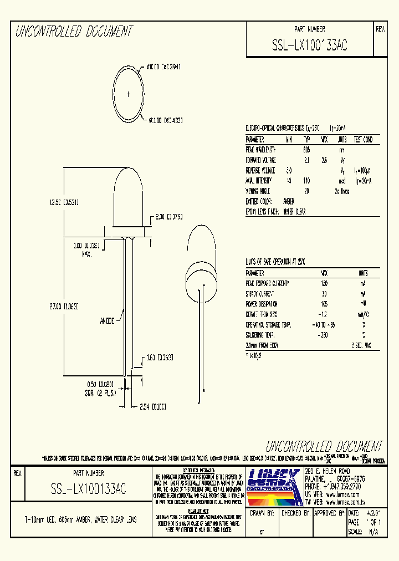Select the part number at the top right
[310, 46]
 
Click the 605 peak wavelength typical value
[306, 150]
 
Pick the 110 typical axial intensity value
[306, 181]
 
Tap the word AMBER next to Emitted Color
[289, 201]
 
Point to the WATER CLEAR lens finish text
[294, 212]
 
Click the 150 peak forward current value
[324, 283]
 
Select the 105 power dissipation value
[324, 304]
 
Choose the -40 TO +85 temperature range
[324, 324]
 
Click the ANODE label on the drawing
[107, 320]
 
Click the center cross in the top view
[129, 94]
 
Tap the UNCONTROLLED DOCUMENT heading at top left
[74, 32]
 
